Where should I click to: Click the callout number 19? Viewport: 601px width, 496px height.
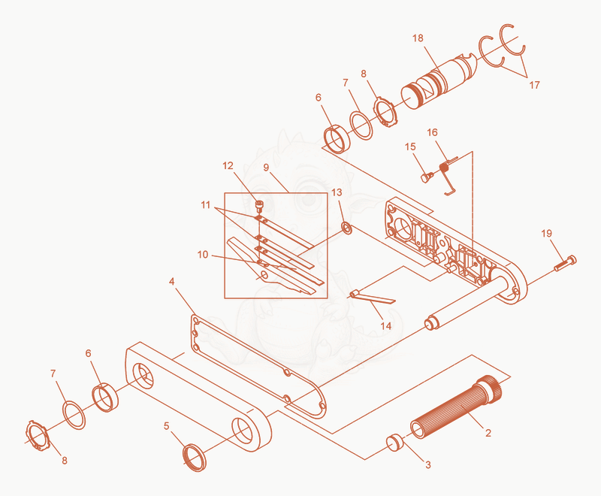[x=547, y=233]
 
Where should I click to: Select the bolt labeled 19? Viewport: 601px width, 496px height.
[x=566, y=263]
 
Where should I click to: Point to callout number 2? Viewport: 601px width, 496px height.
[x=488, y=433]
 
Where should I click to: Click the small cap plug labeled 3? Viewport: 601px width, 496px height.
[x=394, y=443]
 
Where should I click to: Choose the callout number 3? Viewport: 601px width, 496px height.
[x=427, y=464]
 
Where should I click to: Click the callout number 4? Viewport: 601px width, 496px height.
[x=171, y=282]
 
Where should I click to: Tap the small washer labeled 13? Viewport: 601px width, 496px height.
[x=347, y=228]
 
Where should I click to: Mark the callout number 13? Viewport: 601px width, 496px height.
[x=337, y=192]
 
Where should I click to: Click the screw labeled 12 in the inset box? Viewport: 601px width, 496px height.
[x=259, y=206]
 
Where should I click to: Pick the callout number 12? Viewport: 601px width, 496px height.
[x=228, y=165]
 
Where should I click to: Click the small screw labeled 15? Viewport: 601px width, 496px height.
[x=427, y=177]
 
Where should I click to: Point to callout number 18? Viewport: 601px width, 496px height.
[x=418, y=38]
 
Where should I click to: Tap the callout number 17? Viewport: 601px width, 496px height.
[x=534, y=85]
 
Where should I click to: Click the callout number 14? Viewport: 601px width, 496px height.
[x=385, y=326]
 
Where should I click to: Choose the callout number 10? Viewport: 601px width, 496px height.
[x=202, y=255]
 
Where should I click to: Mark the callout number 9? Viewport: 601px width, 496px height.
[x=266, y=168]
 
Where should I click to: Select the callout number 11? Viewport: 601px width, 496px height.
[x=205, y=205]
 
